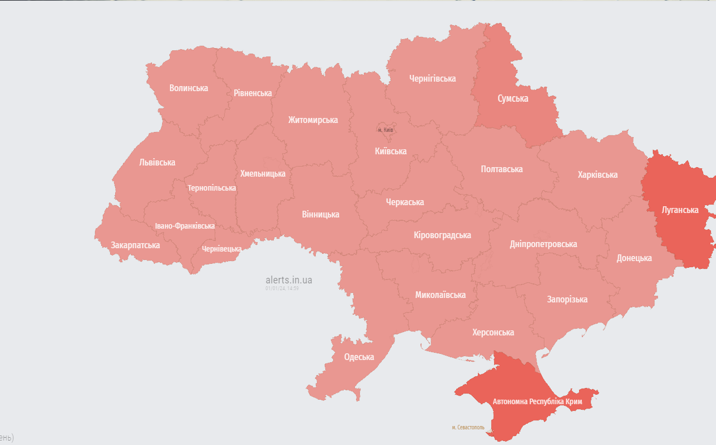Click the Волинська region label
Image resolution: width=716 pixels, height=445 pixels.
pyautogui.click(x=188, y=88)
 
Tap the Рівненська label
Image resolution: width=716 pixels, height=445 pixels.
pyautogui.click(x=253, y=93)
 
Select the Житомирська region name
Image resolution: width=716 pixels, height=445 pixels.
pyautogui.click(x=313, y=120)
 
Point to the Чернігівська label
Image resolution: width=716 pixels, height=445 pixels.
pyautogui.click(x=432, y=78)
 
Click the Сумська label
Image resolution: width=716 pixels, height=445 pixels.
pyautogui.click(x=513, y=98)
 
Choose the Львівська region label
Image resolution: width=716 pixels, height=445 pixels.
pyautogui.click(x=157, y=162)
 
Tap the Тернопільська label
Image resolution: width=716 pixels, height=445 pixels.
pyautogui.click(x=212, y=188)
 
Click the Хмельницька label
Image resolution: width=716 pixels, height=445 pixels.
pyautogui.click(x=263, y=173)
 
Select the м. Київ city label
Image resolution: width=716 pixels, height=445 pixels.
pyautogui.click(x=386, y=130)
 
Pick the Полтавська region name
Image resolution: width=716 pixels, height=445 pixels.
pyautogui.click(x=501, y=169)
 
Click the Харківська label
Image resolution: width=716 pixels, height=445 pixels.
pyautogui.click(x=598, y=174)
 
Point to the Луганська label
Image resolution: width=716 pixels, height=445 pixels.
pyautogui.click(x=680, y=210)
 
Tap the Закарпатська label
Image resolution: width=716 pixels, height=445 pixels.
pyautogui.click(x=135, y=245)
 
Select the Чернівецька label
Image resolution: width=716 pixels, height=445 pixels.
pyautogui.click(x=222, y=249)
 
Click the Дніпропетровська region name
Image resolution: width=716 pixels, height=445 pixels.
pyautogui.click(x=543, y=244)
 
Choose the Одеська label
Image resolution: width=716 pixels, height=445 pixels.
pyautogui.click(x=359, y=357)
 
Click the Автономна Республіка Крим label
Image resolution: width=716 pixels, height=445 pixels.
pyautogui.click(x=537, y=402)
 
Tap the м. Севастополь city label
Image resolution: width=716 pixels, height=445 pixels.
pyautogui.click(x=468, y=427)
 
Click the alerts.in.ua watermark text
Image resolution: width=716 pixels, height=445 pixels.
pyautogui.click(x=288, y=280)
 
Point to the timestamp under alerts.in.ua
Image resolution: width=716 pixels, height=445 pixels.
pyautogui.click(x=282, y=288)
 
